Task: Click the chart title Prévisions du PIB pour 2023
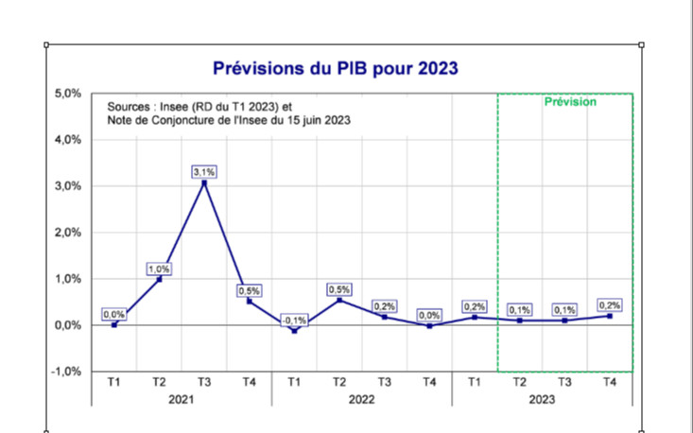336,68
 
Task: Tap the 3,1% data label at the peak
204,171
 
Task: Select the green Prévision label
570,102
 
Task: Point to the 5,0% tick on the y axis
66,94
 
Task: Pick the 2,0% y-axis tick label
66,233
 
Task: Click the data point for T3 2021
204,182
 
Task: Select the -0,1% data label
294,320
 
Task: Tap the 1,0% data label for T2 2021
159,269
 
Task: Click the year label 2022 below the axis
362,400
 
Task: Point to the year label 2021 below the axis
182,400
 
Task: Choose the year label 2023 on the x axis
543,400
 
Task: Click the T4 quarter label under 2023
610,382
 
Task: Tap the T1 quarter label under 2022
294,382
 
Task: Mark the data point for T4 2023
610,316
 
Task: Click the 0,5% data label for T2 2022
339,289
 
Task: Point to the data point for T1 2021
114,324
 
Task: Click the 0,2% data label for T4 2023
610,304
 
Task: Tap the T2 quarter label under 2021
159,382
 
